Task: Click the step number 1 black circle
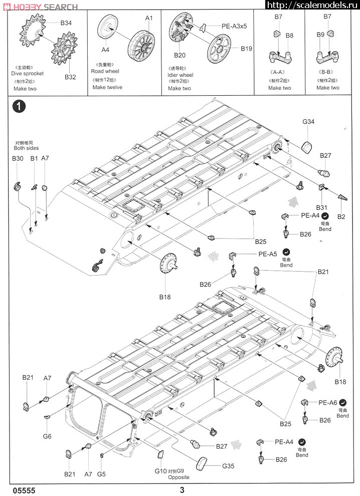pyautogui.click(x=19, y=106)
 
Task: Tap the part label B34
pyautogui.click(x=66, y=23)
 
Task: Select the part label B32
pyautogui.click(x=70, y=77)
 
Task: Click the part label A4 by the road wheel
pyautogui.click(x=105, y=50)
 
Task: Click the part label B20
pyautogui.click(x=180, y=56)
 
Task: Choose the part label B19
pyautogui.click(x=246, y=49)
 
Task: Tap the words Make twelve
pyautogui.click(x=107, y=87)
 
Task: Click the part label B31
pyautogui.click(x=322, y=207)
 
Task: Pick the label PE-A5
pyautogui.click(x=268, y=254)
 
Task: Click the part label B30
pyautogui.click(x=18, y=158)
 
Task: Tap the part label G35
pyautogui.click(x=229, y=466)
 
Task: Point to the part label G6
pyautogui.click(x=47, y=436)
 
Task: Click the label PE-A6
pyautogui.click(x=327, y=402)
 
